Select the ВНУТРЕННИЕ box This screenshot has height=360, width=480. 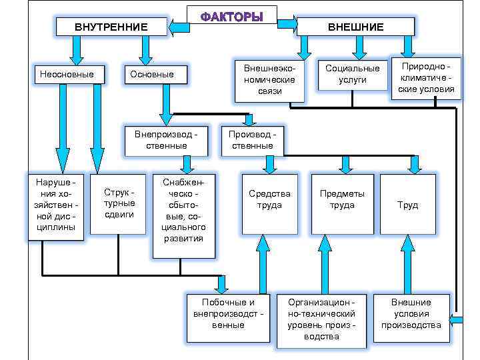(111, 27)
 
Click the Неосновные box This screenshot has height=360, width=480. (67, 74)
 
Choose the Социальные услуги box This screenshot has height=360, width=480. (352, 74)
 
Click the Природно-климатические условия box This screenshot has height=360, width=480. (425, 78)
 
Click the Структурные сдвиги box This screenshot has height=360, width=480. (118, 204)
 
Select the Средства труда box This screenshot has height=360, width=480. (269, 204)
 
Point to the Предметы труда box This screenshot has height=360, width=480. (341, 204)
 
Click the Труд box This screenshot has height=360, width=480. (407, 204)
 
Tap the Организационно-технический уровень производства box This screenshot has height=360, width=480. (321, 319)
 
